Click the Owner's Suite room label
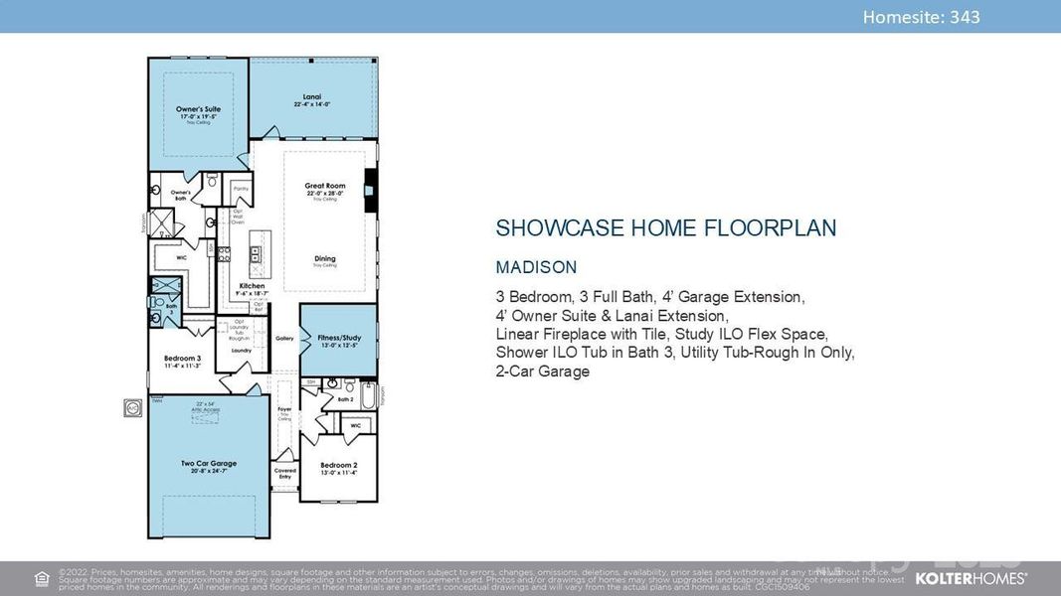pyautogui.click(x=198, y=109)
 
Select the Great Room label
pyautogui.click(x=324, y=186)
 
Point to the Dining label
pyautogui.click(x=325, y=259)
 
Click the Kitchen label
pyautogui.click(x=252, y=286)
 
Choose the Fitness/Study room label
pyautogui.click(x=339, y=337)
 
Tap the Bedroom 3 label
pyautogui.click(x=183, y=358)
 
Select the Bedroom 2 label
pyautogui.click(x=338, y=465)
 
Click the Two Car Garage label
pyautogui.click(x=209, y=463)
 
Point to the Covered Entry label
pyautogui.click(x=285, y=474)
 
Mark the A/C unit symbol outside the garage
pyautogui.click(x=133, y=407)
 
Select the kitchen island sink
pyautogui.click(x=255, y=255)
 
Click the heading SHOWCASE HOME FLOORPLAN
pyautogui.click(x=665, y=228)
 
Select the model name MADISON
pyautogui.click(x=536, y=267)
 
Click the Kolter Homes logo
pyautogui.click(x=971, y=577)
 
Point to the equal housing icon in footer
pyautogui.click(x=42, y=578)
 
